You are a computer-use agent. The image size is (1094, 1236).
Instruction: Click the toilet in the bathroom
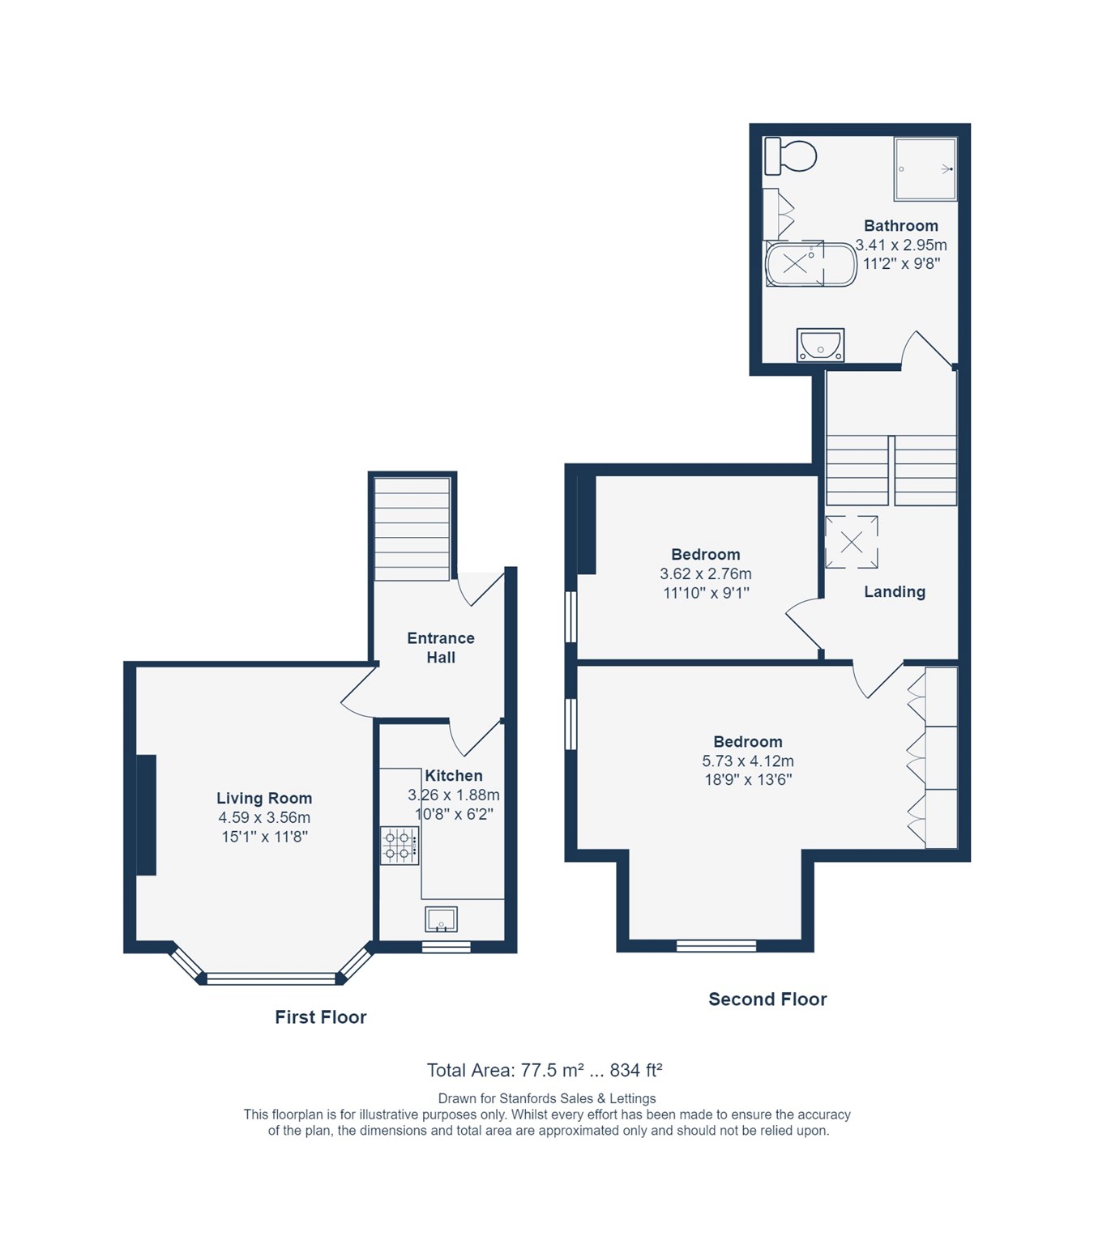point(791,156)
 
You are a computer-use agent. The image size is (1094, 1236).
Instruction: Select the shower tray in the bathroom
point(925,168)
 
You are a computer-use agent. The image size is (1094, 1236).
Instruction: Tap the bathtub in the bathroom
point(810,263)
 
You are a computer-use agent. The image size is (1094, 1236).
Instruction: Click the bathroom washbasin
point(820,345)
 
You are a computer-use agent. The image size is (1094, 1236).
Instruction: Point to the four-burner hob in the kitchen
point(400,846)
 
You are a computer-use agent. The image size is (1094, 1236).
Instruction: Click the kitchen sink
point(441,919)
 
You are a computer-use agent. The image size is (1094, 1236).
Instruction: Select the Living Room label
point(263,799)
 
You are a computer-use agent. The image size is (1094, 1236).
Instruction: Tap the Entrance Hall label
point(441,648)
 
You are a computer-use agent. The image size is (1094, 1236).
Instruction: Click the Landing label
point(894,592)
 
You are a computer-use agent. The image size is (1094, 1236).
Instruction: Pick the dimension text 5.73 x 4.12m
point(747,761)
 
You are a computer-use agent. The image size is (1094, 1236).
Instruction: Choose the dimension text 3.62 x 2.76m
point(705,574)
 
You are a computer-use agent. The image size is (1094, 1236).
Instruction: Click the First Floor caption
point(320,1017)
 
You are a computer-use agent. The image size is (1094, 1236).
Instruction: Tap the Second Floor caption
point(767,999)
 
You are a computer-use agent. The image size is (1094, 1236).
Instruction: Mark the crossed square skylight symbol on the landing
point(851,542)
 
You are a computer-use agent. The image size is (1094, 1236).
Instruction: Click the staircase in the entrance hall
point(412,528)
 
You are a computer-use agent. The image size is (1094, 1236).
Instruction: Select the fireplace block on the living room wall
point(146,815)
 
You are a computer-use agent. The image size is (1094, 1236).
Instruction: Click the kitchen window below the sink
point(446,947)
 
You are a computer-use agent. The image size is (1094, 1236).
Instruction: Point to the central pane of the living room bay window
point(271,979)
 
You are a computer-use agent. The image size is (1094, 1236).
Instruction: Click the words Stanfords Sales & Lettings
point(578,1099)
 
